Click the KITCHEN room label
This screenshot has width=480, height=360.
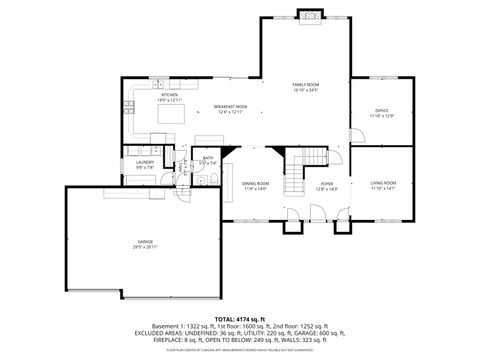pos(155,95)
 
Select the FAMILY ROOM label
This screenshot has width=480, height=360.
pos(305,85)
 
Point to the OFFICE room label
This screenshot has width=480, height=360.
pos(381,110)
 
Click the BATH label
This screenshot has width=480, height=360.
pos(208,157)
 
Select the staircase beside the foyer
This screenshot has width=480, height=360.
pos(296,178)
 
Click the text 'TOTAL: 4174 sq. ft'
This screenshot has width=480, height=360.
pos(240,319)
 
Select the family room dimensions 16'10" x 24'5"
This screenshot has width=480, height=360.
pos(305,91)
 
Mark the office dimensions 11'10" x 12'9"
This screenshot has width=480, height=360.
pos(381,116)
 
